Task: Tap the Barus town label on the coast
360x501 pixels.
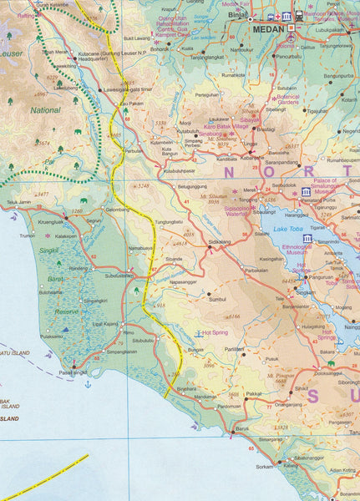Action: point(241,428)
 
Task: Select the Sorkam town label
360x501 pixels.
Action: point(264,466)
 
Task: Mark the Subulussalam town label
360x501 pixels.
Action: point(119,274)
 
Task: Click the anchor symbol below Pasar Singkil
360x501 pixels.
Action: point(87,383)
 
